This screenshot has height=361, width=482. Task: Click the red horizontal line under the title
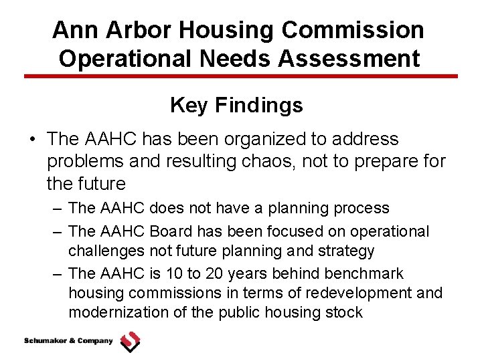pyautogui.click(x=241, y=76)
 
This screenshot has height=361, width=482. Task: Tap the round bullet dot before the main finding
pyautogui.click(x=32, y=140)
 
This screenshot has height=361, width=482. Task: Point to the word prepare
pyautogui.click(x=382, y=161)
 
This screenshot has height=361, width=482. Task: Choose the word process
pyautogui.click(x=361, y=208)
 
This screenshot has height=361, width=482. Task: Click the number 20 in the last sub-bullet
pyautogui.click(x=216, y=273)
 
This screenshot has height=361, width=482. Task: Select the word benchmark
pyautogui.click(x=364, y=273)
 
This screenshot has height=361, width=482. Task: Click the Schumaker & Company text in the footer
pyautogui.click(x=68, y=341)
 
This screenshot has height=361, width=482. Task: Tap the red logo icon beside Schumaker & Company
pyautogui.click(x=130, y=342)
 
